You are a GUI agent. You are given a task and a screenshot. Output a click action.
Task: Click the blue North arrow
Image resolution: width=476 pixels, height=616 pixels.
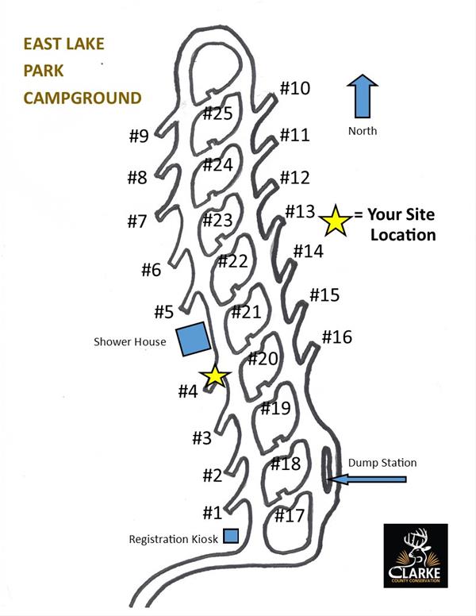point(363,98)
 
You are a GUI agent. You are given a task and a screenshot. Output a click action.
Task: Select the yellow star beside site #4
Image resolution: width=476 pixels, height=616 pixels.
point(215,377)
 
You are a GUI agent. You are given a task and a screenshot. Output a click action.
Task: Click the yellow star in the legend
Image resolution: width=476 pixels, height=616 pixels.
point(335,221)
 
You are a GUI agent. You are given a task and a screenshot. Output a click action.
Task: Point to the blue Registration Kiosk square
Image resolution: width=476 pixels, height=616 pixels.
point(231,537)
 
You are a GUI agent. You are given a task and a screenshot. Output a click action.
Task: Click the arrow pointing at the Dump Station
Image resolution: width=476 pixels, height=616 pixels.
point(368,479)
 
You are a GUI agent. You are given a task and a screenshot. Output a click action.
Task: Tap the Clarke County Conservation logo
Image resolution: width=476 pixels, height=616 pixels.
point(416,556)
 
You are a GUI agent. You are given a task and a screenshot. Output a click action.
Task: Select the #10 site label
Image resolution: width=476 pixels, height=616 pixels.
point(294,88)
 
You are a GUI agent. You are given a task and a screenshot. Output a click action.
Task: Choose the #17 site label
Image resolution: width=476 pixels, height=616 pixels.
point(290,516)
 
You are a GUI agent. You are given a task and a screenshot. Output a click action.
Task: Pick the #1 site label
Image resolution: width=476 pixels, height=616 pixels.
point(212,513)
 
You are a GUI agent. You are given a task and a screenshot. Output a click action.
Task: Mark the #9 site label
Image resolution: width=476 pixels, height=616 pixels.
point(139,136)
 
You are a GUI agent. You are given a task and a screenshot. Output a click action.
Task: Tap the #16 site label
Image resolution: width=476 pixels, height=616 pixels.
point(336,337)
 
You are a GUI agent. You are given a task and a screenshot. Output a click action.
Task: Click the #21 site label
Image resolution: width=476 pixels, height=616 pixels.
point(246,312)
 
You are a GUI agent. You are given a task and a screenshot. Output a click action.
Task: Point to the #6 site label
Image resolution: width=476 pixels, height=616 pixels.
point(152,270)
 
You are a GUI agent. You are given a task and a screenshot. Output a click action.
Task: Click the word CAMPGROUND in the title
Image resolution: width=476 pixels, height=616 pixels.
point(82,98)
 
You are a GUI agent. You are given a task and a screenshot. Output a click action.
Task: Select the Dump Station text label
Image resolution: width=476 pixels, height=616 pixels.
point(382,463)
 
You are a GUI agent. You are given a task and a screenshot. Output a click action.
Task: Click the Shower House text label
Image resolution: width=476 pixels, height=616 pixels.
point(129,342)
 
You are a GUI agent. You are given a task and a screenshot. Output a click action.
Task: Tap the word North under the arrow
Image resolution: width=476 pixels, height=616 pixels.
point(363,131)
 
